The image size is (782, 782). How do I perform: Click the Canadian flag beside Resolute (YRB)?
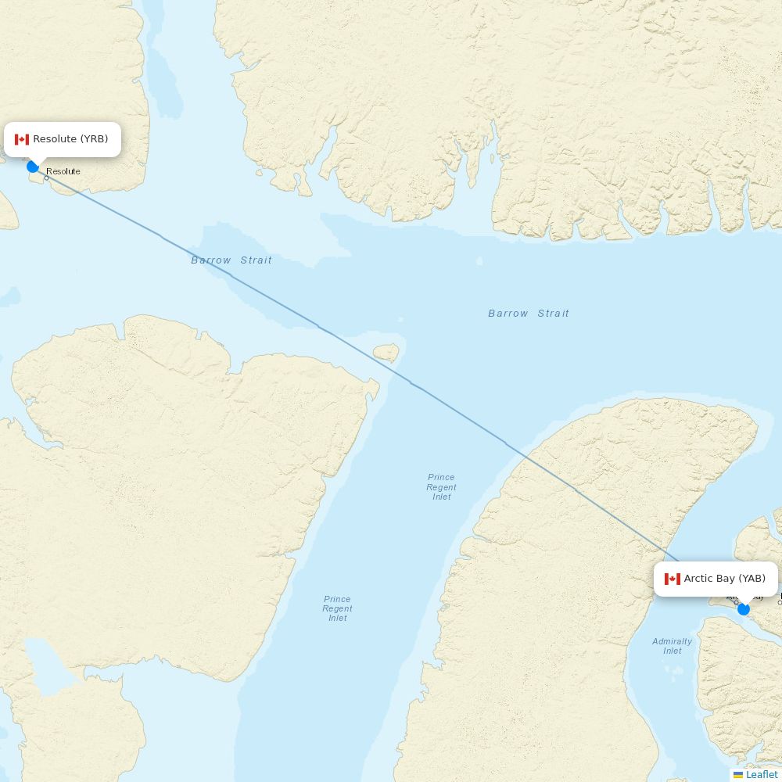pyautogui.click(x=22, y=139)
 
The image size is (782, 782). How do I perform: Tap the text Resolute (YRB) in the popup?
pyautogui.click(x=70, y=139)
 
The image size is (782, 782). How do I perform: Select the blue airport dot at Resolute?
pyautogui.click(x=33, y=167)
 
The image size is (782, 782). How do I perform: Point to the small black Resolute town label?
pyautogui.click(x=63, y=171)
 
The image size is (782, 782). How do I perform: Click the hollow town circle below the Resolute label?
pyautogui.click(x=46, y=178)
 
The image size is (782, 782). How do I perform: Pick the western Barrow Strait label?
pyautogui.click(x=231, y=260)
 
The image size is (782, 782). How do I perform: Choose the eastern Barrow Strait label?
pyautogui.click(x=529, y=314)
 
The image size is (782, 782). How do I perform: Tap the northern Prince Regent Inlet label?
pyautogui.click(x=441, y=486)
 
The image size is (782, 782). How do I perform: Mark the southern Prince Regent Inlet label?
pyautogui.click(x=337, y=608)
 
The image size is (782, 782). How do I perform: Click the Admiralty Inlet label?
pyautogui.click(x=673, y=646)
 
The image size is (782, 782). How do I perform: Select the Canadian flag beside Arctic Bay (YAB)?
pyautogui.click(x=673, y=579)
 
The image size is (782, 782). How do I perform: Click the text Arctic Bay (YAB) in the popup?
pyautogui.click(x=724, y=579)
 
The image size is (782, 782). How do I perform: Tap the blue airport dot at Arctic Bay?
pyautogui.click(x=744, y=609)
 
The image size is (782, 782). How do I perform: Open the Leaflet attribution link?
pyautogui.click(x=762, y=775)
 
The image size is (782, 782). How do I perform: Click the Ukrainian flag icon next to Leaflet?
pyautogui.click(x=738, y=775)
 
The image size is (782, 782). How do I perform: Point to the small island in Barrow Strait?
pyautogui.click(x=386, y=353)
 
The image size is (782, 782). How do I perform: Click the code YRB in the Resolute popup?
pyautogui.click(x=95, y=139)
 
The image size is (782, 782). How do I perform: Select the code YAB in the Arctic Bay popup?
pyautogui.click(x=752, y=579)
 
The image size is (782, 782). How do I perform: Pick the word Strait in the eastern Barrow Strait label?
pyautogui.click(x=554, y=314)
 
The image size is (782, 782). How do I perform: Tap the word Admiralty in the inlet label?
pyautogui.click(x=673, y=641)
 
